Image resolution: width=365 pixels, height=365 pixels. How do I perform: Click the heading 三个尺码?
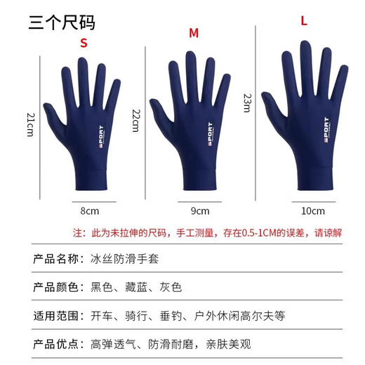(62, 22)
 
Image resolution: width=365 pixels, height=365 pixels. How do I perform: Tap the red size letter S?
(84, 44)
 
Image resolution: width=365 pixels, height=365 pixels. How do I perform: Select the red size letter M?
(194, 33)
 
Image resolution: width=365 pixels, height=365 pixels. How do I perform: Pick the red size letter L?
(304, 21)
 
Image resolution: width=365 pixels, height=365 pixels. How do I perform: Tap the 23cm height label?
(246, 103)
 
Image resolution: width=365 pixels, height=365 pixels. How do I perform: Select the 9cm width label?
(200, 211)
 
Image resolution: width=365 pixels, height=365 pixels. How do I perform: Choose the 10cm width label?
(313, 211)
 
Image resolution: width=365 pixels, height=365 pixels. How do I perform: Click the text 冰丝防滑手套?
(124, 258)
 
